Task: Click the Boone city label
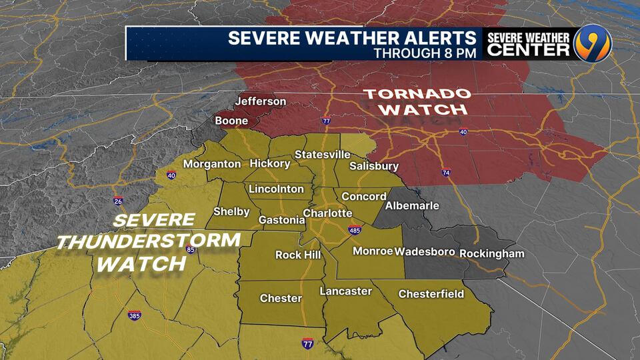pos(231,121)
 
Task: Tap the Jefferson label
pos(260,101)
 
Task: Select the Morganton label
pos(212,164)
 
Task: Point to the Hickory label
pos(269,163)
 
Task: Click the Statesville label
pos(322,155)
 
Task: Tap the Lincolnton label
pos(275,189)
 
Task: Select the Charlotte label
pos(327,213)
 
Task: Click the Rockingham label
pos(492,253)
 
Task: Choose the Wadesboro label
pos(425,252)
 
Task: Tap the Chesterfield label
pos(431,294)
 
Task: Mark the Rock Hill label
pos(298,255)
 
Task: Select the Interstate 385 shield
pos(134,315)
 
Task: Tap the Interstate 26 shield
pos(118,201)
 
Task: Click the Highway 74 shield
pos(445,173)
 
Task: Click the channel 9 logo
pos(591,43)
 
